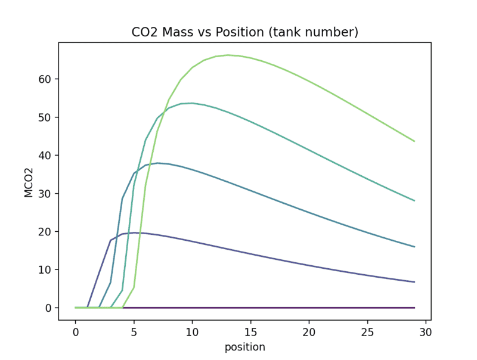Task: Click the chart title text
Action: coord(244,32)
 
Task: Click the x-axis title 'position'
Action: coord(244,347)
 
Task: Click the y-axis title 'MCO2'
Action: coord(29,181)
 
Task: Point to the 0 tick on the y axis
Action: coord(49,308)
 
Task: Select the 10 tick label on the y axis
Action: coord(47,270)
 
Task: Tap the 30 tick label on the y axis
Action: coord(47,194)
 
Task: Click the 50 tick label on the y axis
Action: coord(47,117)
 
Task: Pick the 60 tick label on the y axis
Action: coord(47,79)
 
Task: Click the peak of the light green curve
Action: coord(227,55)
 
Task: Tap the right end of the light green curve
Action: coord(414,141)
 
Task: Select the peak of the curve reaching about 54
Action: coord(192,103)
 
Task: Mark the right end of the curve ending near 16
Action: coord(414,247)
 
